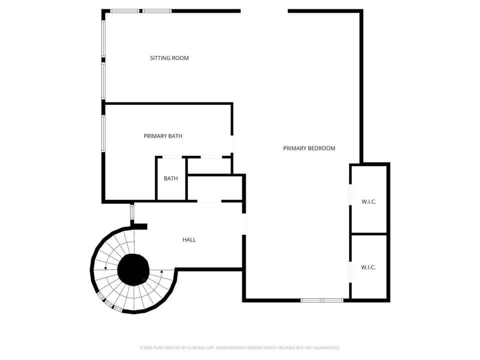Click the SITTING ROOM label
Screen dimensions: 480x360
pos(169,58)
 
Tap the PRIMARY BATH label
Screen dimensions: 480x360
pos(163,136)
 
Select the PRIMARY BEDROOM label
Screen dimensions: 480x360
pos(309,148)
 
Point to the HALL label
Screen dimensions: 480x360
pos(189,239)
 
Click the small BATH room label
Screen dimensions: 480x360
pos(171,178)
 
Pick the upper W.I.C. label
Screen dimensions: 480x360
pos(369,201)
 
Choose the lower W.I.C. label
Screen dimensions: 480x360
pos(368,267)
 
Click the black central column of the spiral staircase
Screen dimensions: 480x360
pos(133,269)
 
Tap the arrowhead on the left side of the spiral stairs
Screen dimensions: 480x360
pos(105,268)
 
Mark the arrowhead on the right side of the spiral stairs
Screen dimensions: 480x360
pos(162,271)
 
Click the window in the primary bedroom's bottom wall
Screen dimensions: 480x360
pos(322,300)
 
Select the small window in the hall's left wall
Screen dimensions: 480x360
pos(132,211)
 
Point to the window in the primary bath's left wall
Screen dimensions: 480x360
pos(103,133)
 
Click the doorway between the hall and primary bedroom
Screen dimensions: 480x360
pos(244,224)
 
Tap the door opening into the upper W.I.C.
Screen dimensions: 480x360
pos(350,194)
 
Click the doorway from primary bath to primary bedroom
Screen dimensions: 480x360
pos(232,144)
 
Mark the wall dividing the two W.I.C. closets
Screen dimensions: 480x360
pos(369,234)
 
